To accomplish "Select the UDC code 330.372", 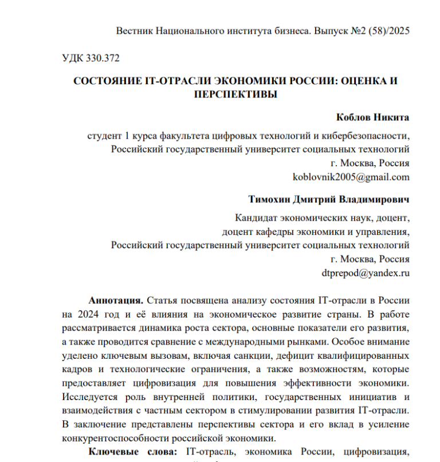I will (x=104, y=57).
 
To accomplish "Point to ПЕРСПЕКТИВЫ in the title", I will (x=235, y=94).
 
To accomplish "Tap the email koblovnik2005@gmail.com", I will (x=351, y=177).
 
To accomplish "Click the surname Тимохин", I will (x=269, y=201).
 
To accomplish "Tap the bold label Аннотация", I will (x=116, y=300).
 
